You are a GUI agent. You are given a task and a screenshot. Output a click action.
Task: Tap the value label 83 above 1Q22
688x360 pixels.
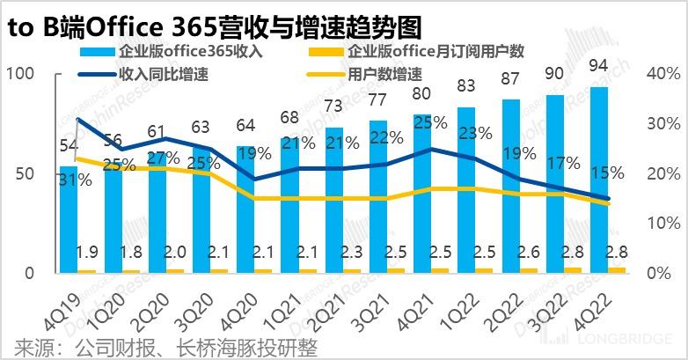coord(467,85)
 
